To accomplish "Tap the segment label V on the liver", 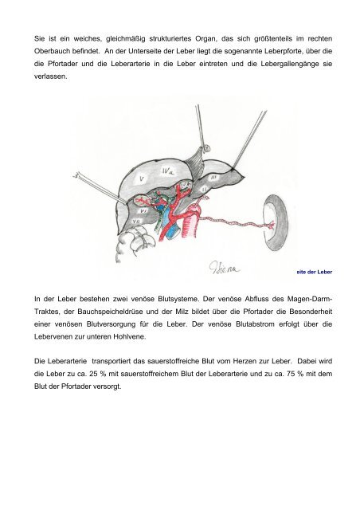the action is (x=142, y=178).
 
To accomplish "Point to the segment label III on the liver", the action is (x=214, y=178).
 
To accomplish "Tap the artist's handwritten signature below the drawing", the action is (x=224, y=267).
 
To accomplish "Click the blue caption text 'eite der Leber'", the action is (x=314, y=272).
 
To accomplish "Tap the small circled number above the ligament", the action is (x=208, y=149).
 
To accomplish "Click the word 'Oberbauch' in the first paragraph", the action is (x=52, y=51).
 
